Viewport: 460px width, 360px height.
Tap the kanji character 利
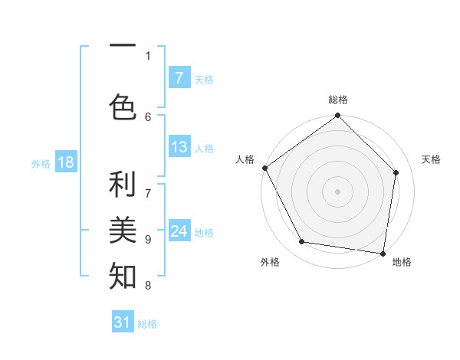123,185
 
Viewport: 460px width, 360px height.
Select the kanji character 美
123,228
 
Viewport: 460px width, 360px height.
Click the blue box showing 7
179,78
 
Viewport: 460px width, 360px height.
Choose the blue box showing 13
179,147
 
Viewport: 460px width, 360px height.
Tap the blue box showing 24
179,231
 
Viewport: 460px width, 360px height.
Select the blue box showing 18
65,162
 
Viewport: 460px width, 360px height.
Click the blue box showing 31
123,322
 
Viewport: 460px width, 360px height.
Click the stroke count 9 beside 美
148,239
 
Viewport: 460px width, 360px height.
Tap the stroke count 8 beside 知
148,286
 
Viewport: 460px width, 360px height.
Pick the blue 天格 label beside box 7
204,79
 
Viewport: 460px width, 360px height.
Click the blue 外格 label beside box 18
41,163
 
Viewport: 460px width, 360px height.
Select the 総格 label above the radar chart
338,100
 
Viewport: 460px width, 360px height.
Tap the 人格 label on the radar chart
245,159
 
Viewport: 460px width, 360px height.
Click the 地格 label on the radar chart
402,263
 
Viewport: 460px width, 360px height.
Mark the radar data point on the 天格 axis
396,173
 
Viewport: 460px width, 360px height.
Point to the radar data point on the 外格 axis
302,242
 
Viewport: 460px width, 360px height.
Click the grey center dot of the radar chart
337,191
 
